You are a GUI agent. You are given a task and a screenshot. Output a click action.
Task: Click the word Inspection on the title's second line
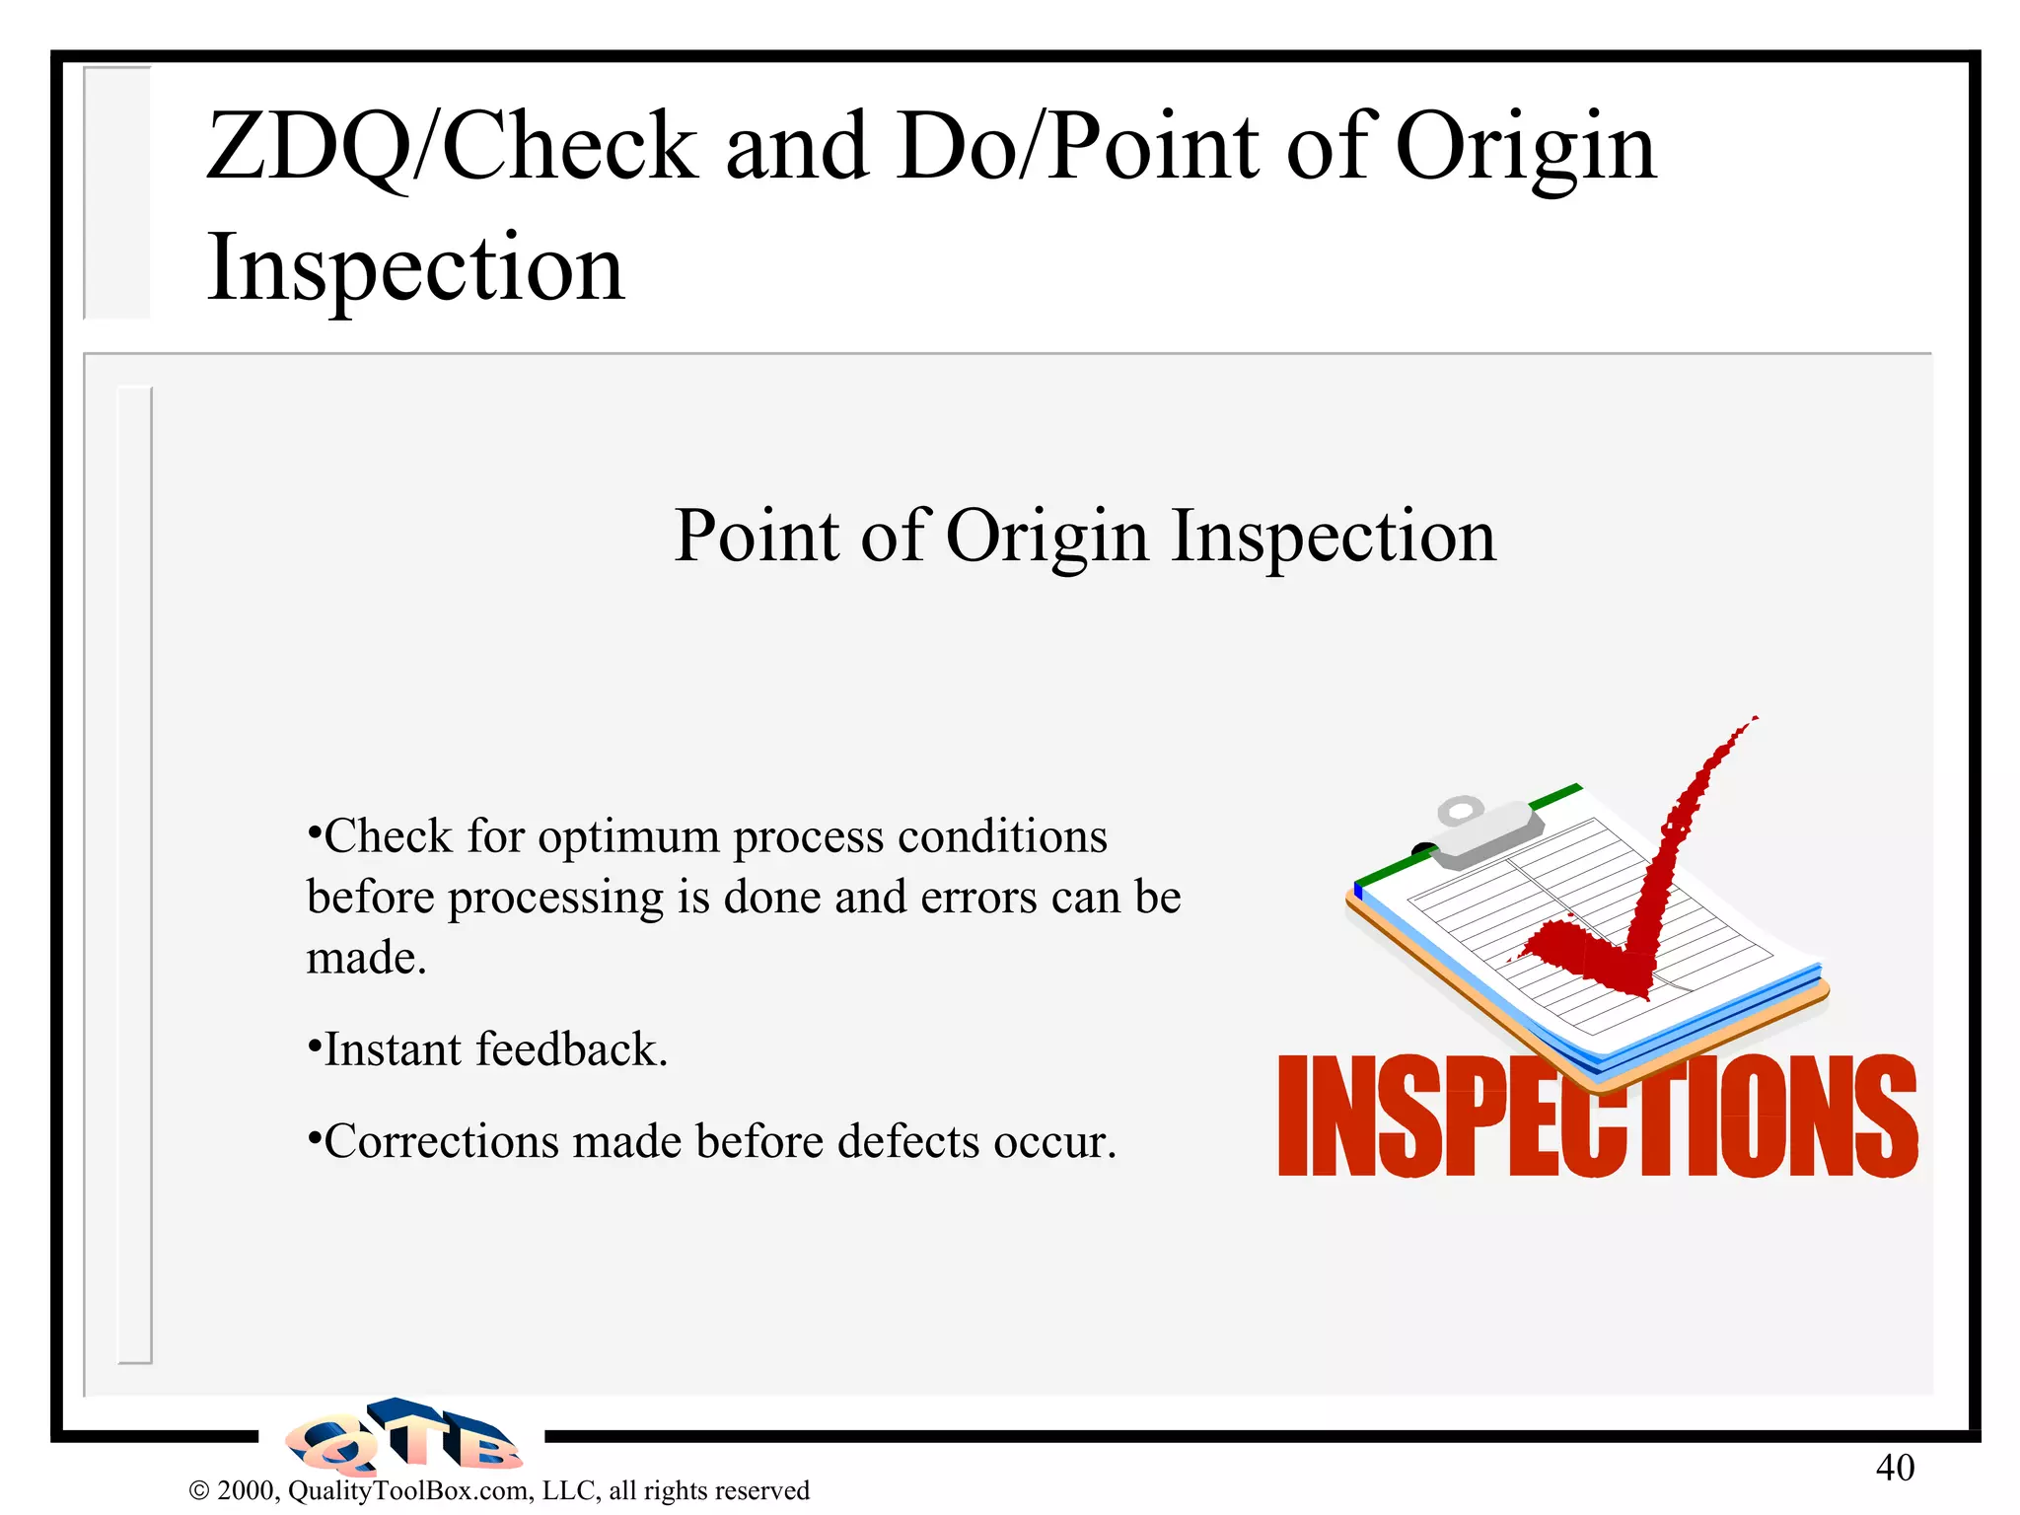tap(415, 268)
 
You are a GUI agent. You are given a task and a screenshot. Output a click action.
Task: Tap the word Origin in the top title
tap(1525, 148)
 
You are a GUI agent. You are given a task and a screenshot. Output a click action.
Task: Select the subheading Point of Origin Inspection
tap(1084, 536)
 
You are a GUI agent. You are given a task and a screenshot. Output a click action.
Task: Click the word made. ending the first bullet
tap(366, 959)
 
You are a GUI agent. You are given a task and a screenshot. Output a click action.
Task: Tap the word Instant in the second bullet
tap(393, 1049)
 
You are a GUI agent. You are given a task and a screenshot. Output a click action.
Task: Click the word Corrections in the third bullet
tap(441, 1141)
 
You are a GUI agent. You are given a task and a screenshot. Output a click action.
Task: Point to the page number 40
tap(1894, 1468)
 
